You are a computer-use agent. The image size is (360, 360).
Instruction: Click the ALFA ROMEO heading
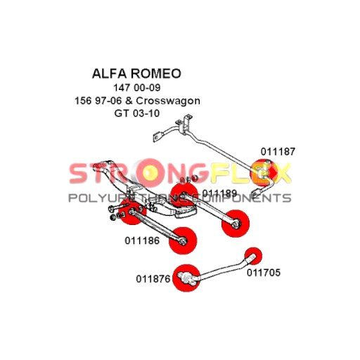136,74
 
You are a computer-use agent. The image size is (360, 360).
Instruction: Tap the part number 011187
278,152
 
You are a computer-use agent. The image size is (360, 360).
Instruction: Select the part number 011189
220,193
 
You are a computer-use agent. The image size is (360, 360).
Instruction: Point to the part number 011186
142,240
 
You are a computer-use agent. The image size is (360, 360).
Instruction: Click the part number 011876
153,279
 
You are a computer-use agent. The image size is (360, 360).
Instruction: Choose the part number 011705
264,273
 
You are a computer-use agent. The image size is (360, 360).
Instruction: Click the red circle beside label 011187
264,173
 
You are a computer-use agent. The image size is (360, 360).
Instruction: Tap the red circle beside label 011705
253,256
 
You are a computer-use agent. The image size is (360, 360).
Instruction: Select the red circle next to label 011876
186,278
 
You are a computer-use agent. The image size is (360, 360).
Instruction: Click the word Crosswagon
168,101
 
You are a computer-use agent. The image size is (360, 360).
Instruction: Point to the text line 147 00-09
137,88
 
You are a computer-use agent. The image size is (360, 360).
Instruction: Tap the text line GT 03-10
137,113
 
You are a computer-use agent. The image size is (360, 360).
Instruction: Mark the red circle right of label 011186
183,240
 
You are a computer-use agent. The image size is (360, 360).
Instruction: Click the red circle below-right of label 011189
236,224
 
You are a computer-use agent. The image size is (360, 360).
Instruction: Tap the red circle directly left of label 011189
184,196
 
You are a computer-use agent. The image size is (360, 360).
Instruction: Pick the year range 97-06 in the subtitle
108,101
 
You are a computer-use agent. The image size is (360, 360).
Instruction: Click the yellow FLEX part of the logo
251,173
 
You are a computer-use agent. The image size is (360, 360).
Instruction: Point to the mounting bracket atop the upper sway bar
184,124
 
